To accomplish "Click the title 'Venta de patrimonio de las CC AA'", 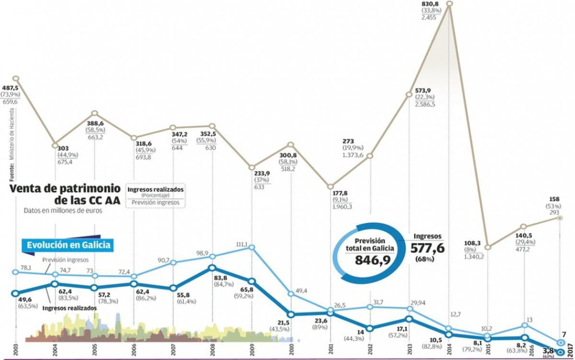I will pos(66,194).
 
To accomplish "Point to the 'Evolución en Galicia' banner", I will pos(69,245).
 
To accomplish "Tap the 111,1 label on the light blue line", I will pos(241,244).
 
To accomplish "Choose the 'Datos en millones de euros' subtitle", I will pos(63,210).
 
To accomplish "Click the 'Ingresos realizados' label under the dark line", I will pos(69,308).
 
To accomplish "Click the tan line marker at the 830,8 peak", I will pos(449,4).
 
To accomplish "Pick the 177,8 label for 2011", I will pos(341,193).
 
